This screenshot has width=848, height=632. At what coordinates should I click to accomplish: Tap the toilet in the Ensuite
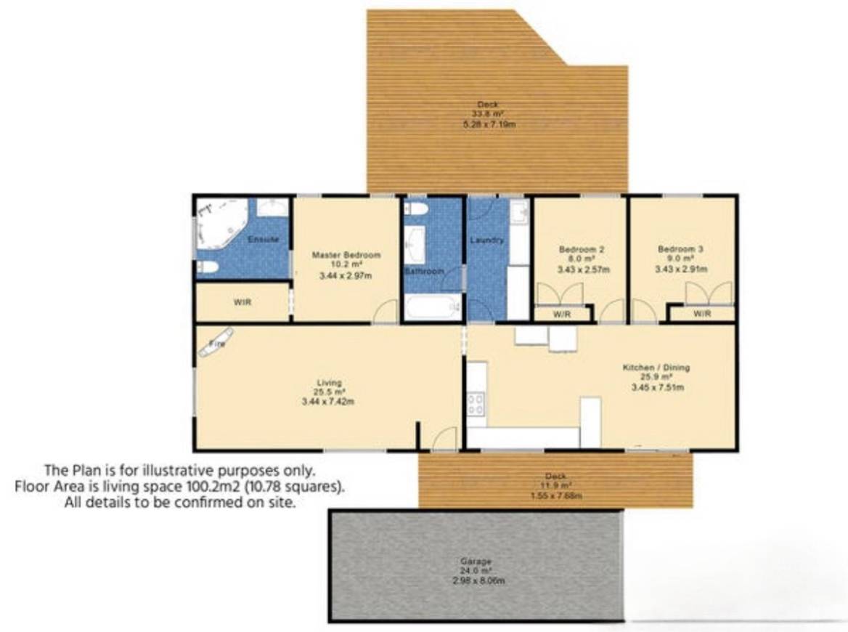[207, 267]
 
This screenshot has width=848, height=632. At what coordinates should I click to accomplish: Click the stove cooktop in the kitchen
[476, 403]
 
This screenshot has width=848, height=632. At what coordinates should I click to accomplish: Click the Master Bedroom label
[346, 255]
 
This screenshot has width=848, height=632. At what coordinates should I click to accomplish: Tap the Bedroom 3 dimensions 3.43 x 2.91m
[682, 270]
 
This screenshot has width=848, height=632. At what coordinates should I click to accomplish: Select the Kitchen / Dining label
[656, 368]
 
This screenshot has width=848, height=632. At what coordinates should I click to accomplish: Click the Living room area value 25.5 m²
[328, 392]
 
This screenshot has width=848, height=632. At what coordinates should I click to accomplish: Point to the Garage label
[476, 562]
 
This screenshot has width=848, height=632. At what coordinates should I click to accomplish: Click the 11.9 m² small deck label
[556, 485]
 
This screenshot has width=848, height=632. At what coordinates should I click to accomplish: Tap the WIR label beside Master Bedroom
[242, 303]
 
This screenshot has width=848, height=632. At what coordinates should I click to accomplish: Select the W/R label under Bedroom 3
[701, 314]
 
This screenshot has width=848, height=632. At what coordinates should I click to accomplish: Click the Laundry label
[486, 240]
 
